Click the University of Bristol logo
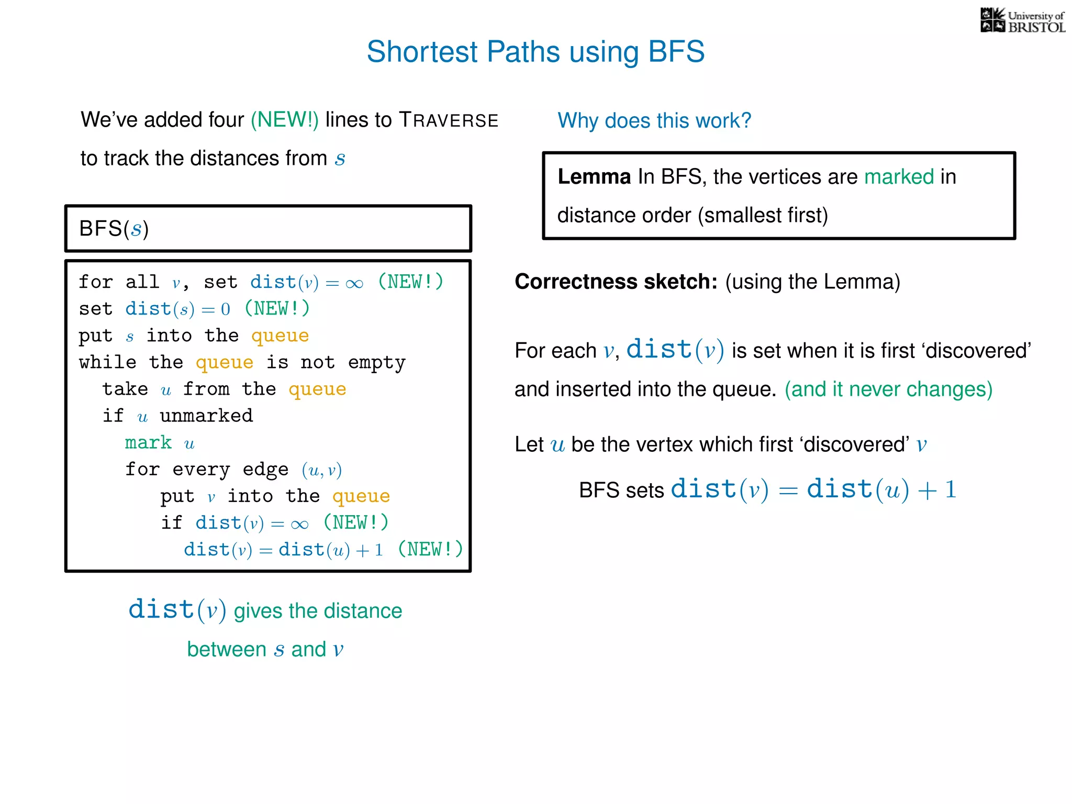[x=1022, y=21]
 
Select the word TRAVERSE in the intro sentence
[x=449, y=120]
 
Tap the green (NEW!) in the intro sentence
[x=284, y=120]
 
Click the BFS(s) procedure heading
[x=114, y=229]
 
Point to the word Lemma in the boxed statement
[x=594, y=177]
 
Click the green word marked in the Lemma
[x=899, y=177]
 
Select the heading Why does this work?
[x=654, y=121]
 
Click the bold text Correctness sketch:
[x=616, y=282]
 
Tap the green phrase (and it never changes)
[x=888, y=389]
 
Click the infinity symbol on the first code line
[x=354, y=283]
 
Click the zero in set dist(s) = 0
[x=226, y=309]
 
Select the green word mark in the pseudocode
[x=148, y=443]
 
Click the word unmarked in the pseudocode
[x=206, y=416]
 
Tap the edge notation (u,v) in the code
[x=321, y=470]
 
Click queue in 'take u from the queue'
[x=317, y=389]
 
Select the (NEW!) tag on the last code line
[x=430, y=550]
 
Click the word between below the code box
[x=227, y=650]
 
